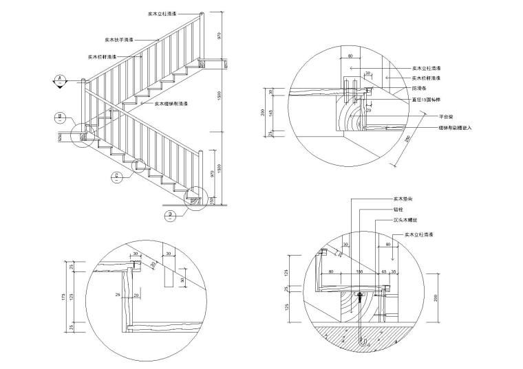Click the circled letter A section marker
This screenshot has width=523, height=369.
click(61, 79)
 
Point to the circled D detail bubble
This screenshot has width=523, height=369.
click(169, 215)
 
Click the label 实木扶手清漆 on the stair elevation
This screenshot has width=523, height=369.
click(118, 40)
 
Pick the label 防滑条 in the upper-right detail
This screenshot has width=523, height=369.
click(419, 89)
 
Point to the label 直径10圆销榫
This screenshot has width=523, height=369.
click(426, 99)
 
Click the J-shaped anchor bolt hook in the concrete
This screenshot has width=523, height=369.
click(359, 338)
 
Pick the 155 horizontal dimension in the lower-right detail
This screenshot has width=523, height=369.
click(359, 272)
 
